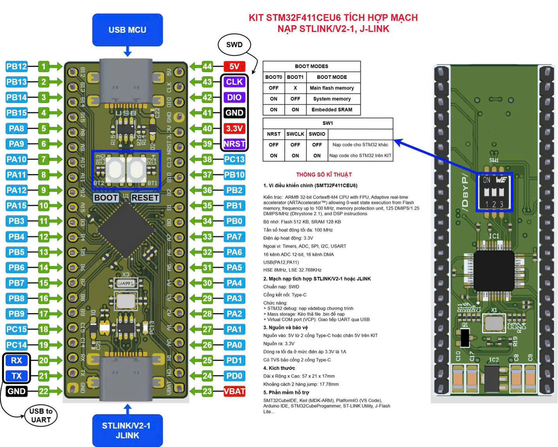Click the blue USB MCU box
pyautogui.click(x=127, y=30)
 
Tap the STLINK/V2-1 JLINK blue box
pyautogui.click(x=127, y=430)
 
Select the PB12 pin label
pyautogui.click(x=16, y=66)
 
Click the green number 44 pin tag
pyautogui.click(x=207, y=66)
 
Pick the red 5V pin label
pyautogui.click(x=234, y=66)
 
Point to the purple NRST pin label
pyautogui.click(x=234, y=144)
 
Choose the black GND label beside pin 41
pyautogui.click(x=234, y=113)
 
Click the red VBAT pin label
pyautogui.click(x=234, y=391)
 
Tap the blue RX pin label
pyautogui.click(x=16, y=360)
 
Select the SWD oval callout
pyautogui.click(x=234, y=45)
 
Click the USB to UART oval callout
pyautogui.click(x=41, y=415)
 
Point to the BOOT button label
pyautogui.click(x=106, y=198)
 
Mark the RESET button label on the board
pyautogui.click(x=145, y=198)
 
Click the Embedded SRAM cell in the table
pyautogui.click(x=332, y=110)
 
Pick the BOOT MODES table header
pyautogui.click(x=311, y=66)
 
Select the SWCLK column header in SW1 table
pyautogui.click(x=295, y=134)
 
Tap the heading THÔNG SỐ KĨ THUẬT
pyautogui.click(x=324, y=175)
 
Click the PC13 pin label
pyautogui.click(x=234, y=159)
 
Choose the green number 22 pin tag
pyautogui.click(x=43, y=391)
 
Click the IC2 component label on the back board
pyautogui.click(x=494, y=360)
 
